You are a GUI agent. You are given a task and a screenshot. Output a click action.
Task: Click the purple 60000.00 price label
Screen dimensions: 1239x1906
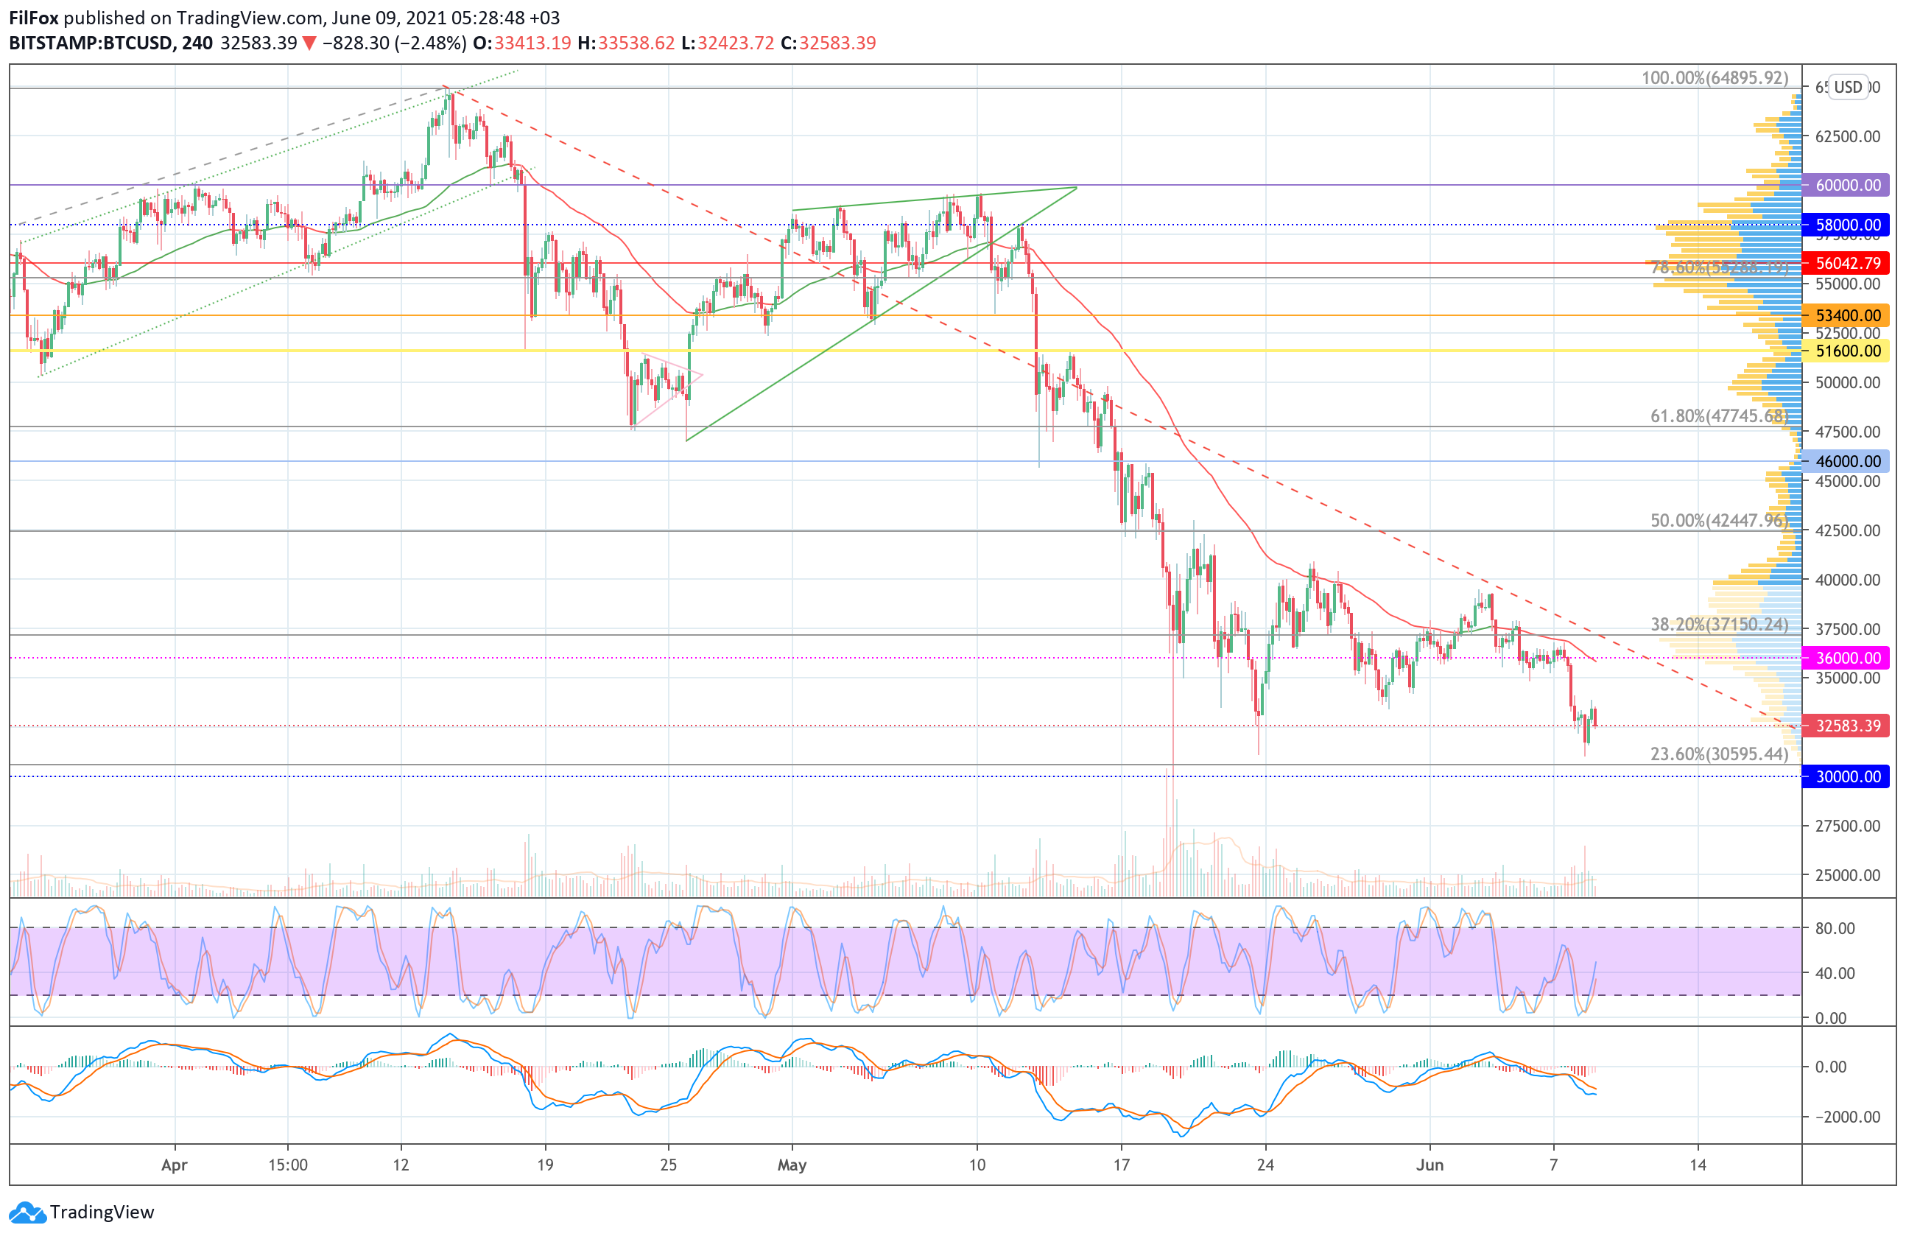tap(1846, 185)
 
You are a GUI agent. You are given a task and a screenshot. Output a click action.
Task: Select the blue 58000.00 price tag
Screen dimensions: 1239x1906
tap(1846, 225)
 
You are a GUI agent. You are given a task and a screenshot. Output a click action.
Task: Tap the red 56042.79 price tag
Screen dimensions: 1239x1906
tap(1846, 263)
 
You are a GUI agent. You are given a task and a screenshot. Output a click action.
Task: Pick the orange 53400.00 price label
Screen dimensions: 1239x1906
tap(1846, 315)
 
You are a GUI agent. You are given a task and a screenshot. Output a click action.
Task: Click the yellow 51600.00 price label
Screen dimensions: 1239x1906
tap(1846, 351)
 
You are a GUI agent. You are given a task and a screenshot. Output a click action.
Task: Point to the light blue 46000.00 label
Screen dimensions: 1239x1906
tap(1846, 461)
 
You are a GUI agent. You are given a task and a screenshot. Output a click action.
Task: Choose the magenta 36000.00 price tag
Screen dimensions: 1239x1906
tap(1846, 658)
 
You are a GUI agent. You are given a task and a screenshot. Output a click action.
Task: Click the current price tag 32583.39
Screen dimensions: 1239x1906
tap(1846, 726)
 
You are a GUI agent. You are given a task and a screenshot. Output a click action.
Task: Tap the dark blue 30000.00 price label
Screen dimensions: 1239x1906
tap(1846, 776)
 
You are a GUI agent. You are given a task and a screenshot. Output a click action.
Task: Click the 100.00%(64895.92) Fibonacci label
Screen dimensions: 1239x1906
tap(1714, 77)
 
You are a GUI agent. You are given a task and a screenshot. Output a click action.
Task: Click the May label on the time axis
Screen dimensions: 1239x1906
tap(791, 1165)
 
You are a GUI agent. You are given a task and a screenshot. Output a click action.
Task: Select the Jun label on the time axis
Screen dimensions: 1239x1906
tap(1429, 1165)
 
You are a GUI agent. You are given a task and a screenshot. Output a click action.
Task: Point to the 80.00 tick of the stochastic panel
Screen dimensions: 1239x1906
tap(1835, 928)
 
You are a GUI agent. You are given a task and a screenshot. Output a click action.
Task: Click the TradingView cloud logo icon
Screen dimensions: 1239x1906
tap(28, 1212)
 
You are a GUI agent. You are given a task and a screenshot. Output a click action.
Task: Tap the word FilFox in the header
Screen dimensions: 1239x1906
tap(34, 18)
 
